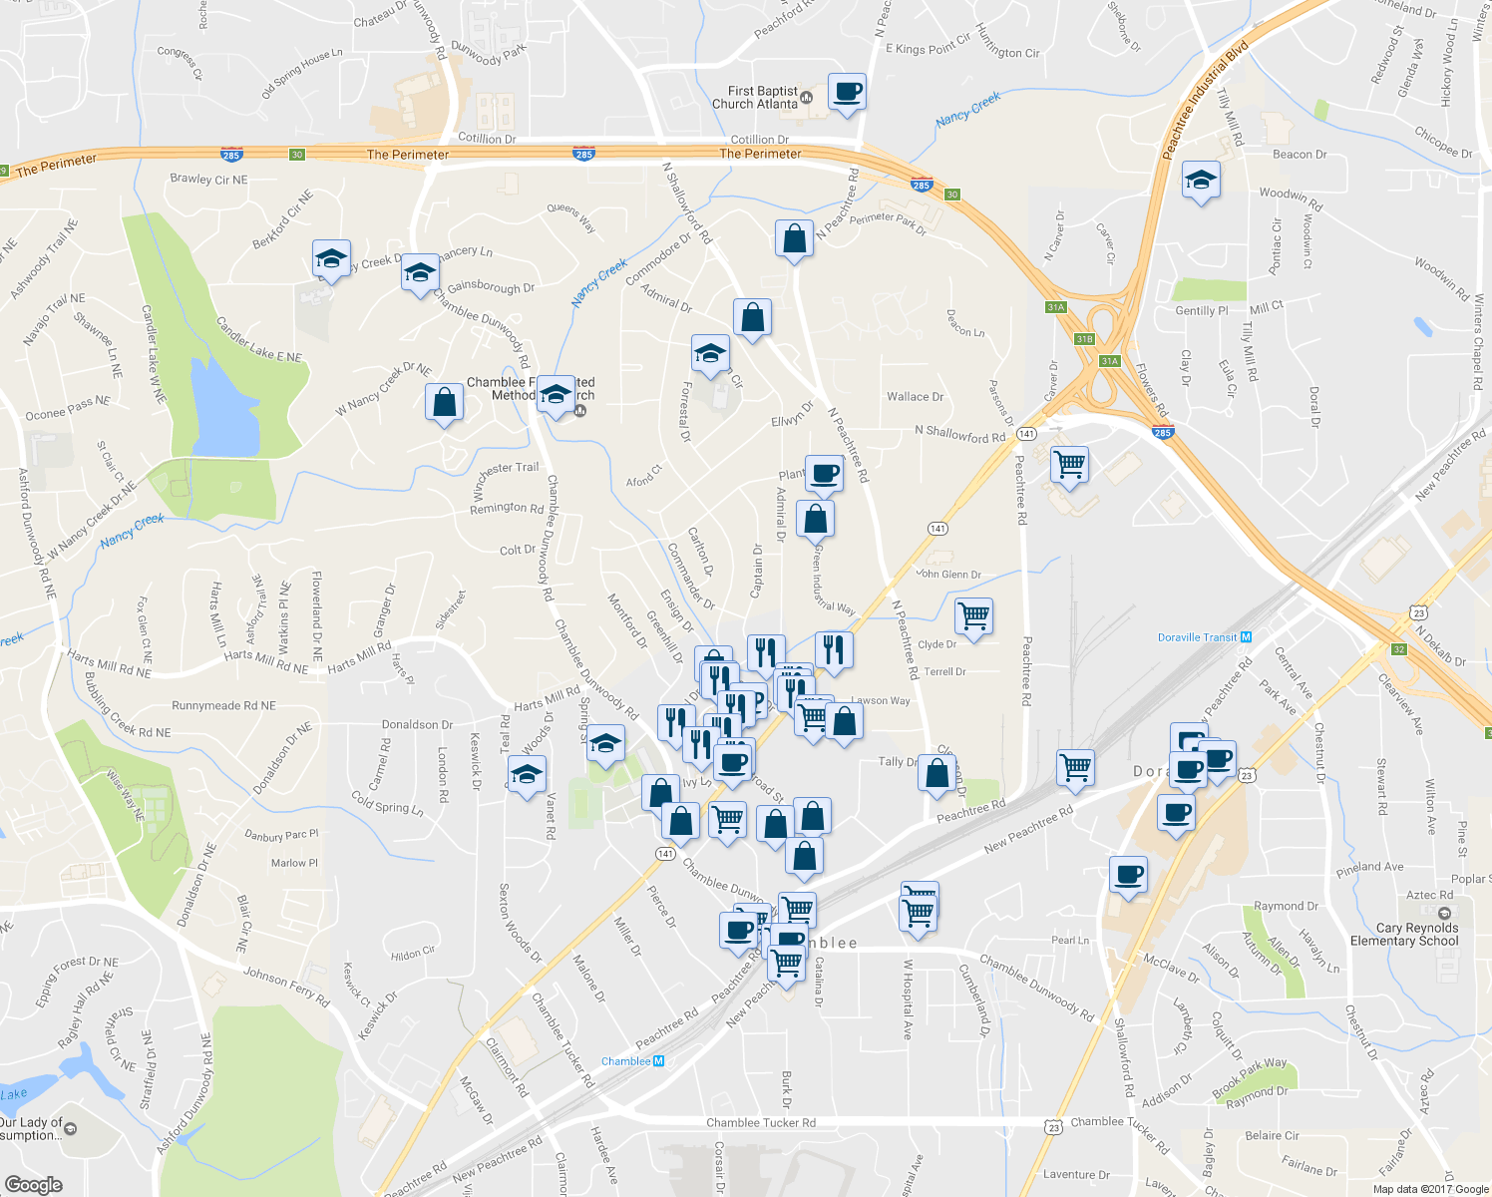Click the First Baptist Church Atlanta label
coord(755,98)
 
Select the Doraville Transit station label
coord(1197,637)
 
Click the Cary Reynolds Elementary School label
coord(1404,935)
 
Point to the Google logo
coord(33,1184)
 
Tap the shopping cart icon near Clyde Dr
coord(973,615)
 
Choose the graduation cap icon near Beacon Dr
coord(1201,181)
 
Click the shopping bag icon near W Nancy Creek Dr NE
coord(444,403)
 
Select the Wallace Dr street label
coord(915,397)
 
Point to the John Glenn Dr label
coord(948,574)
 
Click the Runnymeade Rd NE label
coord(223,705)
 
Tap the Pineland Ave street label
coord(1369,867)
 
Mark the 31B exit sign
coord(1085,339)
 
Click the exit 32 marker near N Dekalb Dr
coord(1399,649)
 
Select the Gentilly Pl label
coord(1202,311)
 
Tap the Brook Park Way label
coord(1250,1077)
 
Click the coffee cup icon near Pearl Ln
coord(1129,875)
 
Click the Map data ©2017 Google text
coord(1430,1189)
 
